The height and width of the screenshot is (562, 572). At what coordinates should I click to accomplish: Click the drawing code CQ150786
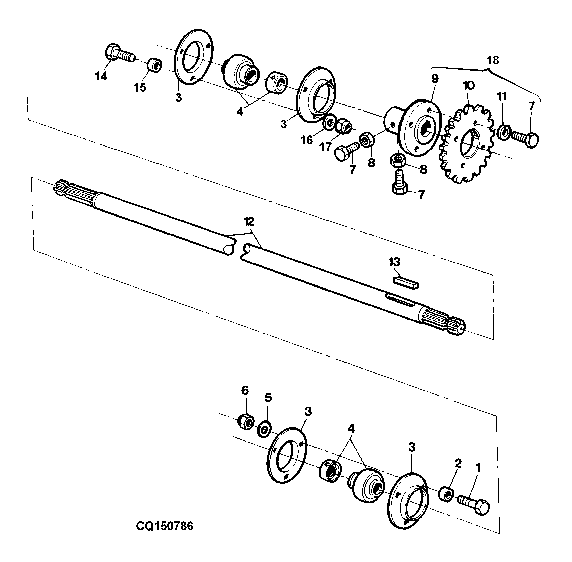(165, 526)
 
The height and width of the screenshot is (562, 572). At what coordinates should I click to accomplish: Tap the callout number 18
(493, 60)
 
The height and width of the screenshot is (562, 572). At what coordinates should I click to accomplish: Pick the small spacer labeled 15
(154, 65)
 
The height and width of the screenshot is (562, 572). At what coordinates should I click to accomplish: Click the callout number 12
(250, 221)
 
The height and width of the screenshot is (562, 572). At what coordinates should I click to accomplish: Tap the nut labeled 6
(245, 422)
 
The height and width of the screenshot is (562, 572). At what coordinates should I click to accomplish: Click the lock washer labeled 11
(502, 132)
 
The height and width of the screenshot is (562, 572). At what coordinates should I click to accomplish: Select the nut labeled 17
(344, 126)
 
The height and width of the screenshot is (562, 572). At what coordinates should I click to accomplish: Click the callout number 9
(435, 79)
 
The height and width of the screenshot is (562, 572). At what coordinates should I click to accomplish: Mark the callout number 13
(394, 262)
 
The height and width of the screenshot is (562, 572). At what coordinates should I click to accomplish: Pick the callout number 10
(469, 86)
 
